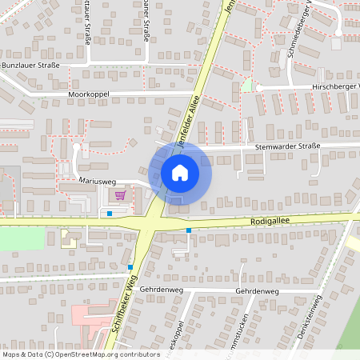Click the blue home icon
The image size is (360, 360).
[180, 172]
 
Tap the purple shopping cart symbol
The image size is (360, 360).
[120, 194]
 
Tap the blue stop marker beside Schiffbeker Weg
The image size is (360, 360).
[130, 267]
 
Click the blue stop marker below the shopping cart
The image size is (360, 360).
[110, 213]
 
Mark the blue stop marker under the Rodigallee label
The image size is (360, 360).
[189, 230]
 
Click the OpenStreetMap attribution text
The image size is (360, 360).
[80, 354]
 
